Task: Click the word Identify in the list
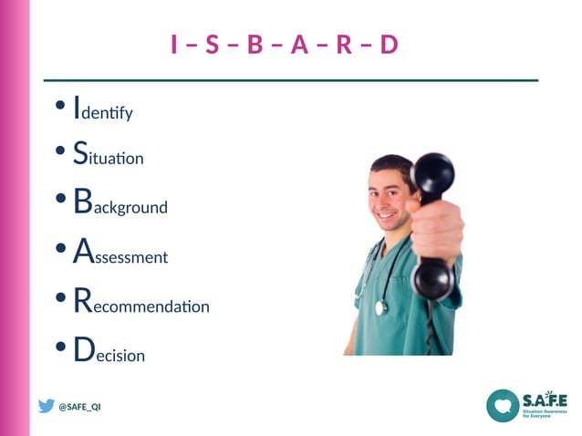[x=103, y=109]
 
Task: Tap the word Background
[x=120, y=202]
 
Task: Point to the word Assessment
[x=120, y=253]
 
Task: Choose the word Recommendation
[x=141, y=303]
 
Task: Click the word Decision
[x=109, y=351]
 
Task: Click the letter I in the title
[x=173, y=45]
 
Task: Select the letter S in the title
[x=212, y=45]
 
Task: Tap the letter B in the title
[x=255, y=45]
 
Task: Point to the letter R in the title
[x=344, y=45]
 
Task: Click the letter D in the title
[x=390, y=45]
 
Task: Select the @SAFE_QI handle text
[x=79, y=407]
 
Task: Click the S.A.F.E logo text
[x=545, y=400]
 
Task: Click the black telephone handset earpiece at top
[x=432, y=172]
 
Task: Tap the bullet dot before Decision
[x=59, y=348]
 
